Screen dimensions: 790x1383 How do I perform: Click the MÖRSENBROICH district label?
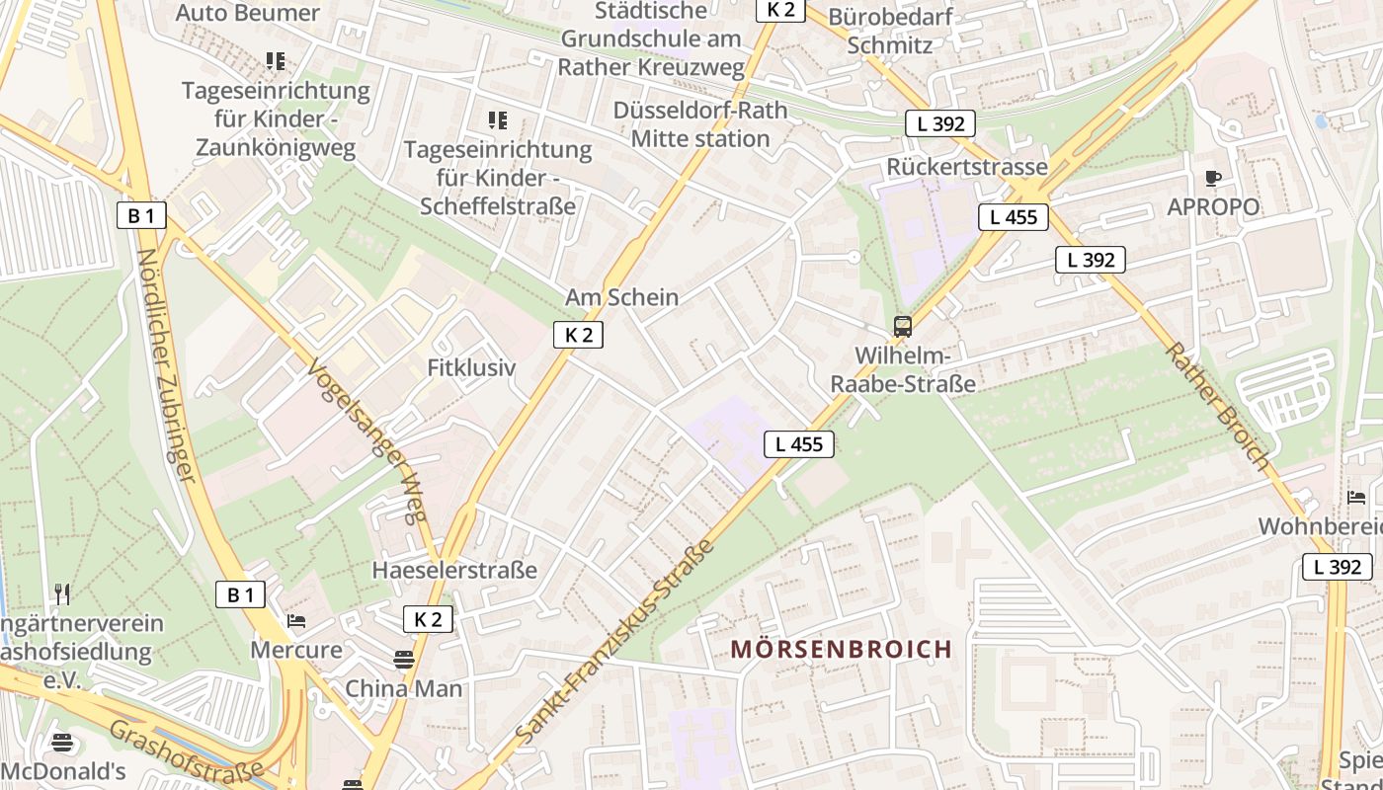842,649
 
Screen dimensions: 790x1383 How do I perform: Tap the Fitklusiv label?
471,368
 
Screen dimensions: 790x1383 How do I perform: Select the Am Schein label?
621,297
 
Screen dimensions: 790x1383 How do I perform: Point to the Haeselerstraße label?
454,570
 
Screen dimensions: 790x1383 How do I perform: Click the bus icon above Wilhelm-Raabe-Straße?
902,326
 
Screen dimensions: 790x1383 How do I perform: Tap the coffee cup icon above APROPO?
1213,179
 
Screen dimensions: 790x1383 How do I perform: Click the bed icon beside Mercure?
296,621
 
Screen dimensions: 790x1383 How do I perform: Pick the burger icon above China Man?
403,659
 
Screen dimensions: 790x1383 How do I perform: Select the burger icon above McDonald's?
62,743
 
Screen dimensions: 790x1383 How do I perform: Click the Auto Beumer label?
247,13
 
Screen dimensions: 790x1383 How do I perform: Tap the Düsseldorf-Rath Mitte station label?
700,124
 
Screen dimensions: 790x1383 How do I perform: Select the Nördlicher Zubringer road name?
163,364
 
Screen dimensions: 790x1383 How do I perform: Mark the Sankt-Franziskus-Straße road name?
613,643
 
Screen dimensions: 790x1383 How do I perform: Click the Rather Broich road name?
1216,405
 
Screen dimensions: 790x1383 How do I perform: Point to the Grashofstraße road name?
186,750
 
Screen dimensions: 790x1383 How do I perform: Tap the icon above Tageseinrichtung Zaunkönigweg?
276,61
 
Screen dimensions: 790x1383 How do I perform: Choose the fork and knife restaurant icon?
62,593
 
